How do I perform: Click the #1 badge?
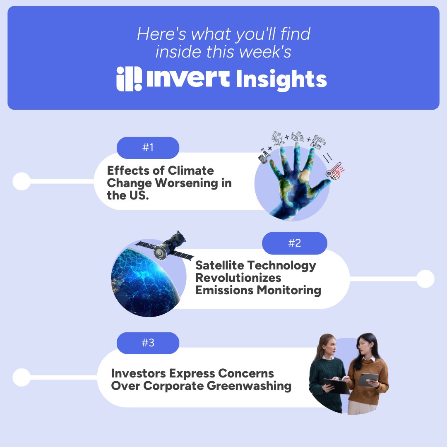tap(148, 148)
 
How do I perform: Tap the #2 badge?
tap(294, 243)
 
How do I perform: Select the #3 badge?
tap(148, 343)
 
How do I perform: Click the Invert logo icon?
tap(129, 79)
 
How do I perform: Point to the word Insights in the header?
tap(281, 79)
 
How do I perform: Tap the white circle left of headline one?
tap(22, 181)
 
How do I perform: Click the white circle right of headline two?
tap(425, 279)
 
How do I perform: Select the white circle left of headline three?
tap(22, 377)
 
